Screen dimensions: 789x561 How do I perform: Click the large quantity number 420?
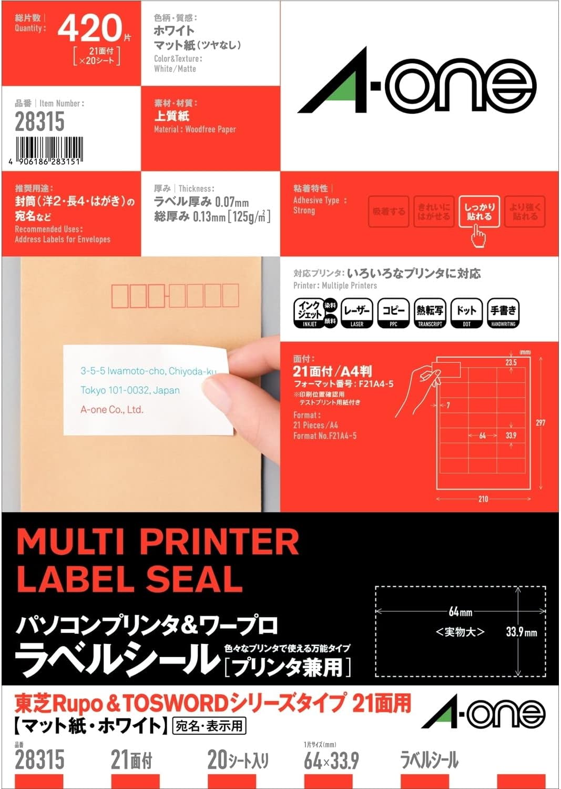click(89, 28)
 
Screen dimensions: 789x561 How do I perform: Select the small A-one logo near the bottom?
click(484, 714)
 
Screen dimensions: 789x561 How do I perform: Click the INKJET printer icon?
click(310, 312)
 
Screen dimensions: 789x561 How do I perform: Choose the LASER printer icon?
click(357, 312)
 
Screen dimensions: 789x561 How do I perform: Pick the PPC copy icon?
click(393, 312)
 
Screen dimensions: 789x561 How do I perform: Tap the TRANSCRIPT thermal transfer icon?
click(430, 312)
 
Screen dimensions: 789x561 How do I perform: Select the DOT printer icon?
click(466, 312)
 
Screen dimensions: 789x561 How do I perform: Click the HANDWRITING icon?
click(503, 312)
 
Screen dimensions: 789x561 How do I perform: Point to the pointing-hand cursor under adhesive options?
click(478, 236)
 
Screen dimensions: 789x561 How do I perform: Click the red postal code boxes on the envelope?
click(175, 296)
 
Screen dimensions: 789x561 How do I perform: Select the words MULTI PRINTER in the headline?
click(158, 541)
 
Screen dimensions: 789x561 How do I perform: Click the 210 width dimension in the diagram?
click(483, 499)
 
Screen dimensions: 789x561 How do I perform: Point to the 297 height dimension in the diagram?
click(540, 423)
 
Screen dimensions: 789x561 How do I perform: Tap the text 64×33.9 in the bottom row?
click(331, 761)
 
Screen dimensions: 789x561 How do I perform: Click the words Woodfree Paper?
click(210, 129)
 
